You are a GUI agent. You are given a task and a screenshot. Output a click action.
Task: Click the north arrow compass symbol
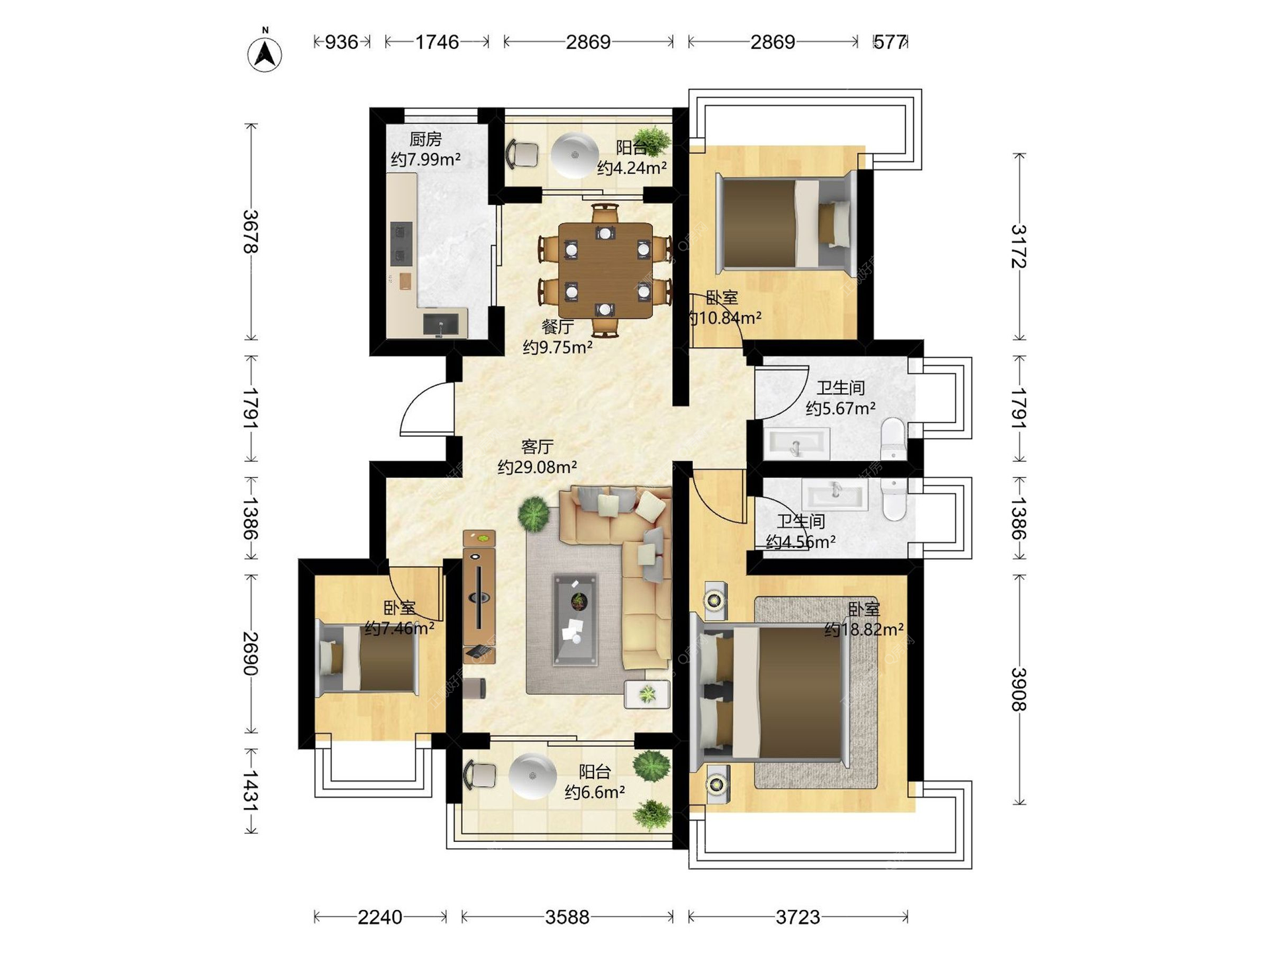point(265,52)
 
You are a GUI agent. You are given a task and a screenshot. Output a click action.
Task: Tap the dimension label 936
point(341,42)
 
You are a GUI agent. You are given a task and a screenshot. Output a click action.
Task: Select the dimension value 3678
point(251,232)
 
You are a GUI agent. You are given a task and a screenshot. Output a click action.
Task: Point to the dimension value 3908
point(1019,689)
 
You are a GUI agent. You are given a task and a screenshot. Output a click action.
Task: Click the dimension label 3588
point(567,917)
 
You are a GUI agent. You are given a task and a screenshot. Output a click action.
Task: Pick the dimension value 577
point(890,42)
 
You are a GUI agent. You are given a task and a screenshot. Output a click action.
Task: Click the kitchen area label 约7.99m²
point(425,159)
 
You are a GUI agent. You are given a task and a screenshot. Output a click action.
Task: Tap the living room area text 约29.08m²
point(537,467)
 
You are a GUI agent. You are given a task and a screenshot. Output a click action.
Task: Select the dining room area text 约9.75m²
point(558,347)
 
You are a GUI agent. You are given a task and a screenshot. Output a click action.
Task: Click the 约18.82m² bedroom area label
point(864,629)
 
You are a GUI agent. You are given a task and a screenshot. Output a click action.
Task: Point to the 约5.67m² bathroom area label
point(841,408)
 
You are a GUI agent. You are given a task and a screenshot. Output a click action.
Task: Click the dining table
point(605,271)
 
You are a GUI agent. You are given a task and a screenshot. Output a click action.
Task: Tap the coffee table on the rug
point(575,619)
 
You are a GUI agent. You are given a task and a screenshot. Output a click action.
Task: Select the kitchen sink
point(441,324)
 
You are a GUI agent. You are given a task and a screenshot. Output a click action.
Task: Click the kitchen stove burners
point(401,243)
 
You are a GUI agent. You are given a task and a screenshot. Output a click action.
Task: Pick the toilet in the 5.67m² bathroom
point(893,437)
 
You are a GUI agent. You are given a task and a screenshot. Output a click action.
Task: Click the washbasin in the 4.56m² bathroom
point(835,494)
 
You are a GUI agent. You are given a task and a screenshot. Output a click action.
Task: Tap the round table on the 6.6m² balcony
point(533,776)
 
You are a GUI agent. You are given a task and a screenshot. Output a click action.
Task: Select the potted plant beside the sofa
point(533,513)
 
